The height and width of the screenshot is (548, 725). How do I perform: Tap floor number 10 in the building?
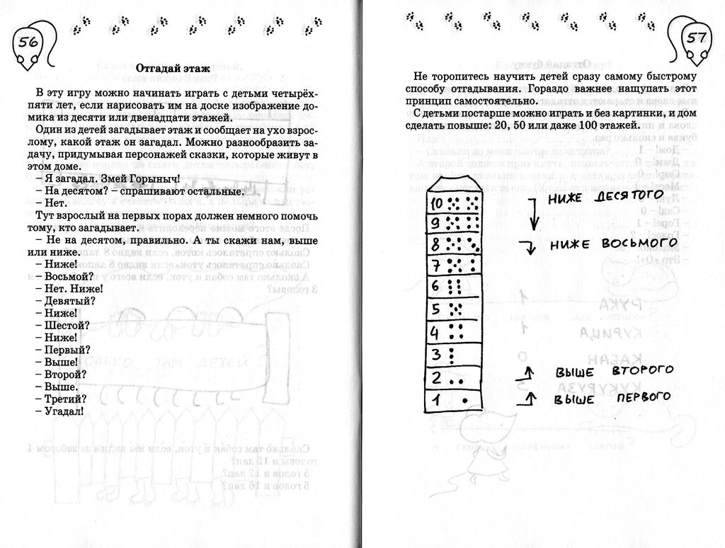pos(438,203)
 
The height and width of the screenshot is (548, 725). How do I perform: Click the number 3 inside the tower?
pos(438,352)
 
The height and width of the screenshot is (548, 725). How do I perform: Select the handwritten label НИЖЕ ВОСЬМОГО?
pos(612,244)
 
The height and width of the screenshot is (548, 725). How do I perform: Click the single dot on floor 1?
pos(464,401)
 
